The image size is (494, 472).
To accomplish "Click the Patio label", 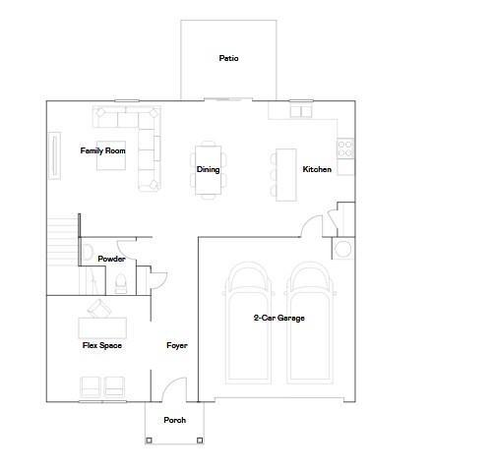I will coord(228,58).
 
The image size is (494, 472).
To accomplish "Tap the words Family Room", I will coord(103,150).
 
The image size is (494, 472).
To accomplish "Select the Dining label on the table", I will coord(208,169).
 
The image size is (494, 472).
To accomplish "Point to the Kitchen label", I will coord(317,169).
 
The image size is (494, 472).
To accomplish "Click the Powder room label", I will coord(111,259).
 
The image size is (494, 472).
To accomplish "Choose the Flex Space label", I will coord(101,345).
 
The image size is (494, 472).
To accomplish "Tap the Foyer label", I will coord(176,345).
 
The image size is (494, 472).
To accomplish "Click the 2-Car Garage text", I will coord(278,318).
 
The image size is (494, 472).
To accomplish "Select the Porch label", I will coord(174,420).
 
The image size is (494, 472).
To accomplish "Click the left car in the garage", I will coord(246,324).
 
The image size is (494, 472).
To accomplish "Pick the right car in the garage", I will coord(310,324).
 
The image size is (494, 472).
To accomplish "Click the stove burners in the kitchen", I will coord(345,147).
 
